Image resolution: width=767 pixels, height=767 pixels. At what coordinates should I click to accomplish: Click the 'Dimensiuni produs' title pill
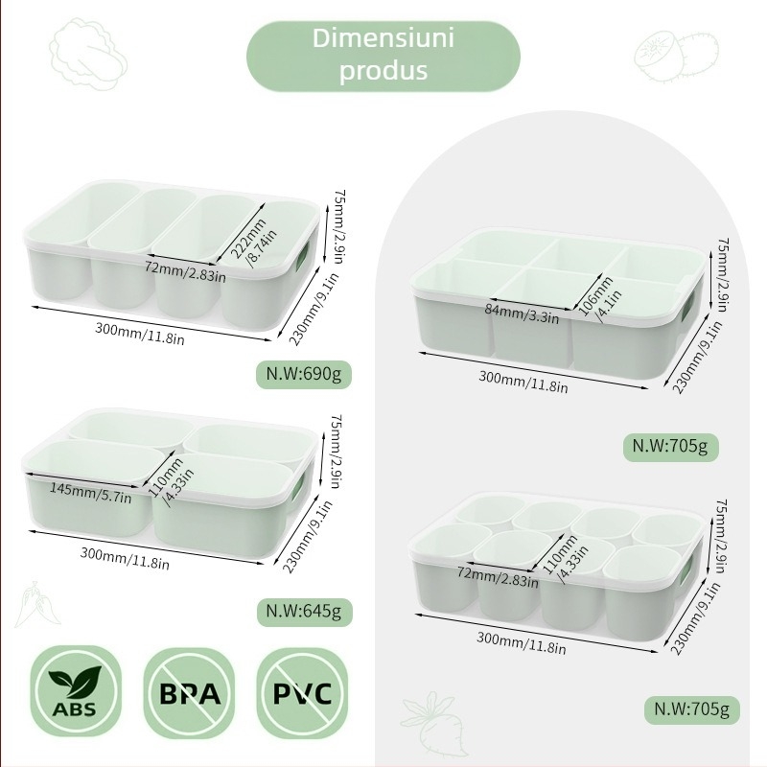point(383,56)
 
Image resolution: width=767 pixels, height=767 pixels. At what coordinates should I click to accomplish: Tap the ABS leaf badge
point(76,691)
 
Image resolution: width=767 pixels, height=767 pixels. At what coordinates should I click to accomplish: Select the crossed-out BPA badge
point(189,691)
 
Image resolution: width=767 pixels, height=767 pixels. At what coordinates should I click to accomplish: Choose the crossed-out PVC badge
point(302,691)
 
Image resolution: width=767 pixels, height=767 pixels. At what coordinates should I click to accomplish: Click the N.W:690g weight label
point(304,375)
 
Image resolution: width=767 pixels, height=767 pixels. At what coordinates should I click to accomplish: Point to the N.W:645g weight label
point(304,612)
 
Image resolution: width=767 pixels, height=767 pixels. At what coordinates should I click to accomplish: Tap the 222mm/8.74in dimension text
point(253,242)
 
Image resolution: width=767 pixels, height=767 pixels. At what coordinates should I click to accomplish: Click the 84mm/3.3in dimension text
point(522,314)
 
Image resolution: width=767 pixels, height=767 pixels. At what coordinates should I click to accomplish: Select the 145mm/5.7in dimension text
point(90,493)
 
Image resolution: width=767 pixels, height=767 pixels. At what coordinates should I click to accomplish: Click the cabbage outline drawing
point(88,54)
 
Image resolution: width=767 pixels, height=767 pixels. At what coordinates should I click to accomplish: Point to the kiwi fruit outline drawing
point(677,56)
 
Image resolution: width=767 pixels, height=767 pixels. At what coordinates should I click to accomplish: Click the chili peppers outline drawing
point(36,605)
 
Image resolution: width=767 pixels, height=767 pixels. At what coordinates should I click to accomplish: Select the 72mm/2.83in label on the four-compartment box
point(185,271)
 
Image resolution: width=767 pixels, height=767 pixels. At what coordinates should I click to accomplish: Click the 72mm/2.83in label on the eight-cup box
point(498,576)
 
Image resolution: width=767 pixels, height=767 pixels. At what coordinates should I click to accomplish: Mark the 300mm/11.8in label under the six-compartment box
point(523,382)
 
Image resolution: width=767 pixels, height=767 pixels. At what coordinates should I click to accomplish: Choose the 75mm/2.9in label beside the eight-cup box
point(721,535)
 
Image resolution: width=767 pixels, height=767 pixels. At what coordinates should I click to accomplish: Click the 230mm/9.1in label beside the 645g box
point(307,536)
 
